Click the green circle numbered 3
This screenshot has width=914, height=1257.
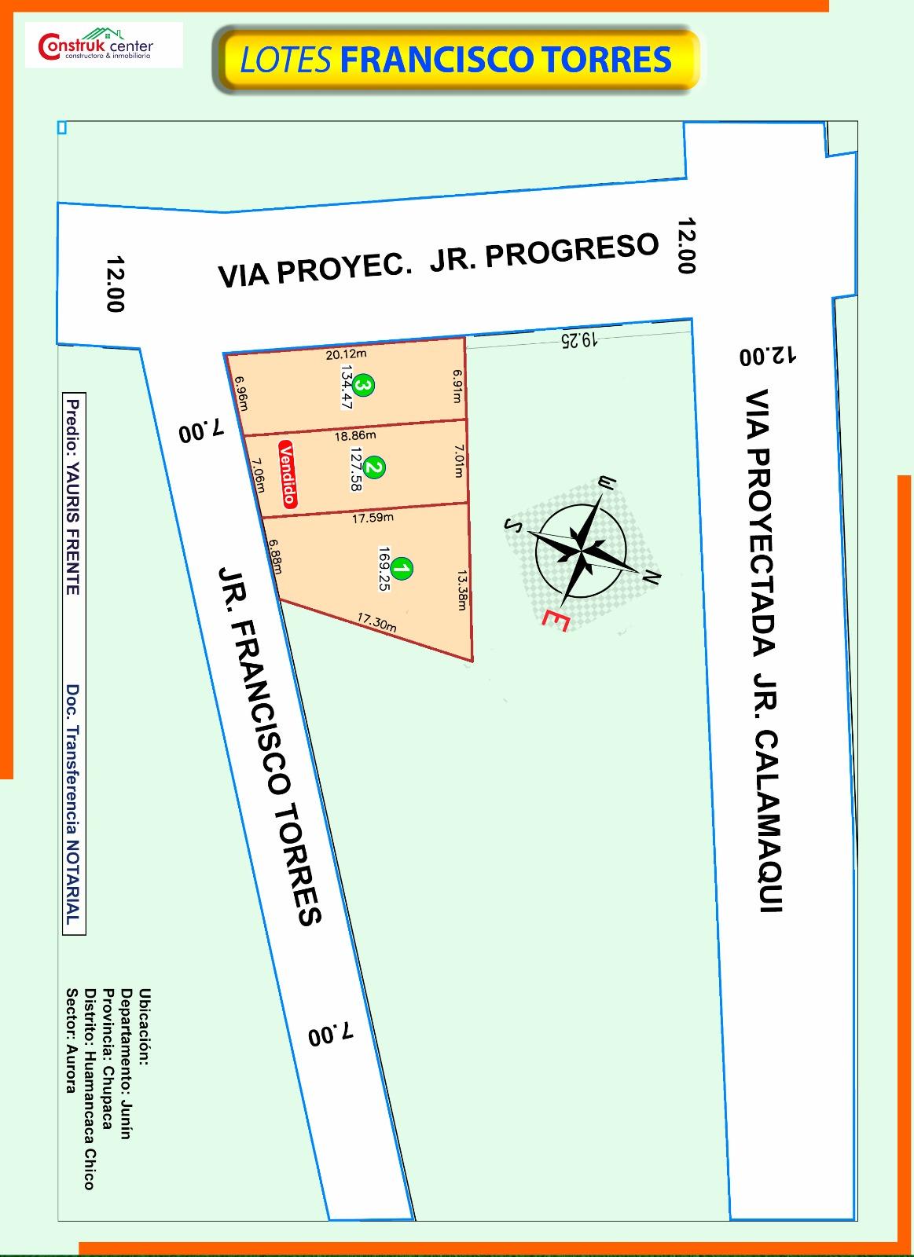pos(363,385)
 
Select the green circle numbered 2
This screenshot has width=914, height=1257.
pos(376,468)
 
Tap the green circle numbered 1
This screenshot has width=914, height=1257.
pos(402,569)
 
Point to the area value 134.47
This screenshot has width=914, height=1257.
pos(345,387)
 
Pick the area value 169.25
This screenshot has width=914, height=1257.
pos(384,569)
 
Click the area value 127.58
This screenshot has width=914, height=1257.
pos(357,469)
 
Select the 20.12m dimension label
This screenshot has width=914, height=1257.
pos(346,354)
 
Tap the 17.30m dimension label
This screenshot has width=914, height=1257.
pos(376,623)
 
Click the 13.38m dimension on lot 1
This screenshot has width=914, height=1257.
pos(461,590)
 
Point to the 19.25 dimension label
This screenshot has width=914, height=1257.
pos(580,339)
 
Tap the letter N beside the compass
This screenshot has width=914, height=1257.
pos(651,577)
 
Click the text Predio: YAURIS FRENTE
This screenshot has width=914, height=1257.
pos(73,497)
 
